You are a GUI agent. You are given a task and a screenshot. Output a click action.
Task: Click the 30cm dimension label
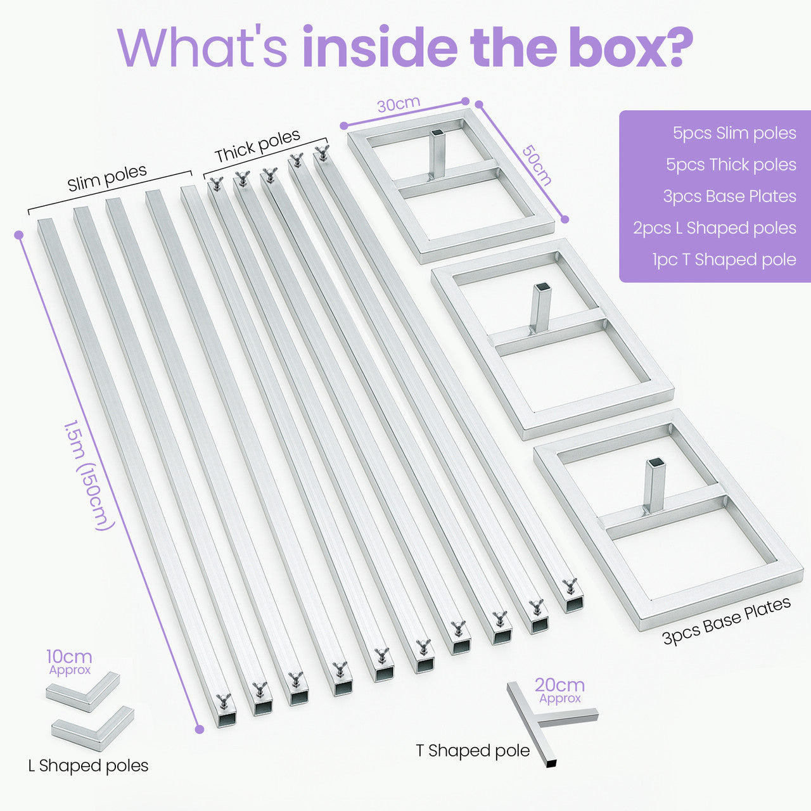pyautogui.click(x=399, y=105)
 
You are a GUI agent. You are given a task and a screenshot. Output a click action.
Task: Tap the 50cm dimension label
pyautogui.click(x=537, y=166)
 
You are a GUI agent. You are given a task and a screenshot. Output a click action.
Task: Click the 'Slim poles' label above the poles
pyautogui.click(x=107, y=177)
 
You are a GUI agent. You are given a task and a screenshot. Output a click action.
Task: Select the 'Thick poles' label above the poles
pyautogui.click(x=257, y=146)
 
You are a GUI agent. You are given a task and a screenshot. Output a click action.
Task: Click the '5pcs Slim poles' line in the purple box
pyautogui.click(x=734, y=133)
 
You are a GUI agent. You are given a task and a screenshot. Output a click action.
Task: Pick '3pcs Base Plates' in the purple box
pyautogui.click(x=730, y=196)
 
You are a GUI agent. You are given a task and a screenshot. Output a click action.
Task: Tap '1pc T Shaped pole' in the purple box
pyautogui.click(x=724, y=260)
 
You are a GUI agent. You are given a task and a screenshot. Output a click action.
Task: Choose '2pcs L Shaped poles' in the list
pyautogui.click(x=715, y=227)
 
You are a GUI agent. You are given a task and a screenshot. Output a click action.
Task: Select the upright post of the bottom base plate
pyautogui.click(x=655, y=486)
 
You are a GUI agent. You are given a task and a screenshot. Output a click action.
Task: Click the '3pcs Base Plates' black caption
pyautogui.click(x=727, y=621)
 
